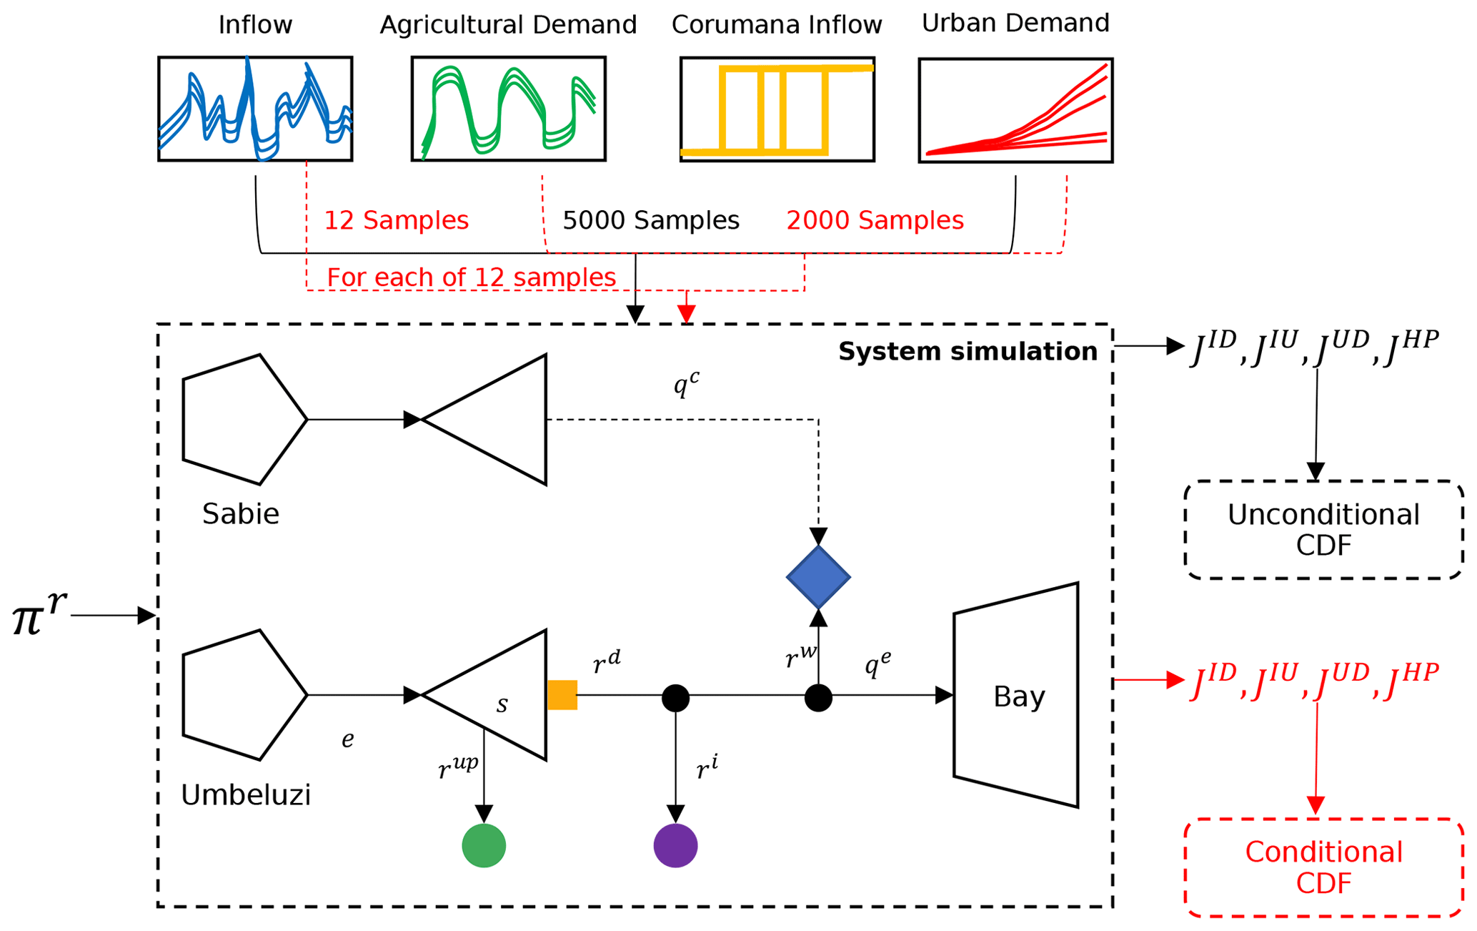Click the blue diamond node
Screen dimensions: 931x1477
pyautogui.click(x=818, y=577)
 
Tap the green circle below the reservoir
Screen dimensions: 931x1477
pyautogui.click(x=484, y=845)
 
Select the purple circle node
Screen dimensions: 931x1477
pyautogui.click(x=675, y=845)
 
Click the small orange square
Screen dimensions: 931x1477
pyautogui.click(x=562, y=695)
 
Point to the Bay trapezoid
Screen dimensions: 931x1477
pyautogui.click(x=1016, y=695)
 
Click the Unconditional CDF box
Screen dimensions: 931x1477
pyautogui.click(x=1323, y=530)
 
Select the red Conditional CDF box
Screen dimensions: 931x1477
pyautogui.click(x=1323, y=867)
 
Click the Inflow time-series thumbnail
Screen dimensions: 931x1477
pyautogui.click(x=255, y=109)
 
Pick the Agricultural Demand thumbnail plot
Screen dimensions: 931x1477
pyautogui.click(x=509, y=109)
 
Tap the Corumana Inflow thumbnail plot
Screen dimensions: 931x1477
pyautogui.click(x=777, y=109)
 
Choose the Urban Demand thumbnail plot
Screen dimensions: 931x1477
pyautogui.click(x=1015, y=110)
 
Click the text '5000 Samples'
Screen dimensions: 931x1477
pyautogui.click(x=650, y=220)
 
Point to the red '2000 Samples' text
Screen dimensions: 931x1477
pyautogui.click(x=875, y=220)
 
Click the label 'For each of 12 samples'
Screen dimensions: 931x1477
pyautogui.click(x=471, y=277)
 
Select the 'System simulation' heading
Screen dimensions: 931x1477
pyautogui.click(x=968, y=352)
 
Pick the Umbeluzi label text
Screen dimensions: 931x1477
pyautogui.click(x=246, y=795)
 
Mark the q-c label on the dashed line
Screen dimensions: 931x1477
pyautogui.click(x=686, y=385)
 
